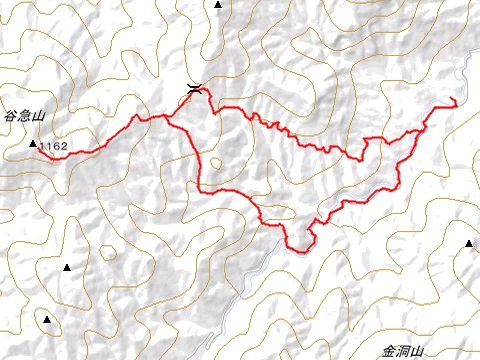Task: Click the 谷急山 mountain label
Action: click(x=25, y=117)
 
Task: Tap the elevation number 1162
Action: click(x=54, y=146)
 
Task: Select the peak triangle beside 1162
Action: click(x=33, y=145)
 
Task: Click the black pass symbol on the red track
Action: click(x=195, y=89)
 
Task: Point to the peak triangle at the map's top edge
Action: click(x=218, y=5)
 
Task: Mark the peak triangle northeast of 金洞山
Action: click(x=468, y=244)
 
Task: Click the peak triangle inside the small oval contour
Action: click(x=46, y=319)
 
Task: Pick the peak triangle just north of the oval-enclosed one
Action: click(x=67, y=268)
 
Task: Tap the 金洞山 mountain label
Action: click(x=403, y=351)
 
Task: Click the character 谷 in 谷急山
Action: click(x=10, y=117)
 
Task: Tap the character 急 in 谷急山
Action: click(x=25, y=117)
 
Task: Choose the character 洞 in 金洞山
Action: click(x=403, y=351)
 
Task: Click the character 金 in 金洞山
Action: click(x=388, y=351)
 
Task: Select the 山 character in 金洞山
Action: click(x=418, y=351)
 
